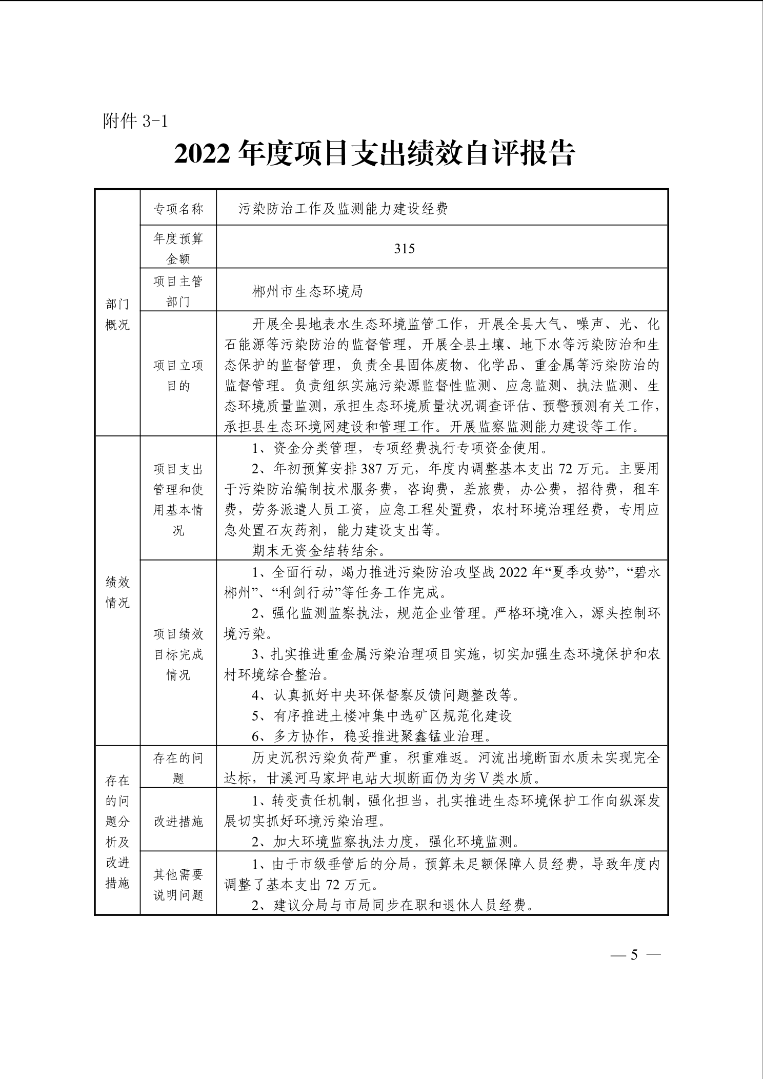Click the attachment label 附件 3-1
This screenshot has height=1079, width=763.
135,121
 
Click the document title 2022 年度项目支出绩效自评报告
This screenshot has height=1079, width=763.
374,154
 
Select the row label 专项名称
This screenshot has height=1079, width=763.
178,209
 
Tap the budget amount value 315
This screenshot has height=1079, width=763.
405,249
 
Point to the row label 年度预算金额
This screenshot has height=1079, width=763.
178,249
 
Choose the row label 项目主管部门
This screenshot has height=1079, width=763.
178,291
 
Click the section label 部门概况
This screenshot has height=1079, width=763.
117,314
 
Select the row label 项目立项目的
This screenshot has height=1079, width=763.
178,375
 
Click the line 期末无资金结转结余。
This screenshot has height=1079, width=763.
319,551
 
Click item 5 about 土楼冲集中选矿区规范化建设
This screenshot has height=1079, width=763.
382,716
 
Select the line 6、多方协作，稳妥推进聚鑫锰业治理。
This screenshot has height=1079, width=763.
372,736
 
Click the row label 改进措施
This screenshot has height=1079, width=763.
178,822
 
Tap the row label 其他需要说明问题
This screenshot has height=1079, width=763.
178,885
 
